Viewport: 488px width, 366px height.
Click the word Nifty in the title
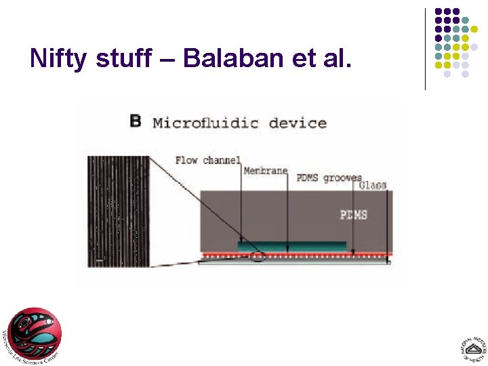click(x=58, y=59)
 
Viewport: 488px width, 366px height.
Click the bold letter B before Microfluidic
click(x=136, y=121)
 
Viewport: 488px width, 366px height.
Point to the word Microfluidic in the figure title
click(x=205, y=123)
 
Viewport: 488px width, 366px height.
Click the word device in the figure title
click(x=298, y=123)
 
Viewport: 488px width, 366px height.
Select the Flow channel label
click(x=207, y=160)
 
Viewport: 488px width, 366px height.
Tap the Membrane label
click(x=265, y=170)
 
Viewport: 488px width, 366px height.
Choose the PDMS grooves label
click(x=329, y=178)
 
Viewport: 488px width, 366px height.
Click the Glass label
click(x=372, y=184)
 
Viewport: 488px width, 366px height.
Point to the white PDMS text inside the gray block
click(x=353, y=215)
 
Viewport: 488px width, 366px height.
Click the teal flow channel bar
click(x=292, y=246)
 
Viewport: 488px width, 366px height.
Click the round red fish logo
click(x=35, y=334)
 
